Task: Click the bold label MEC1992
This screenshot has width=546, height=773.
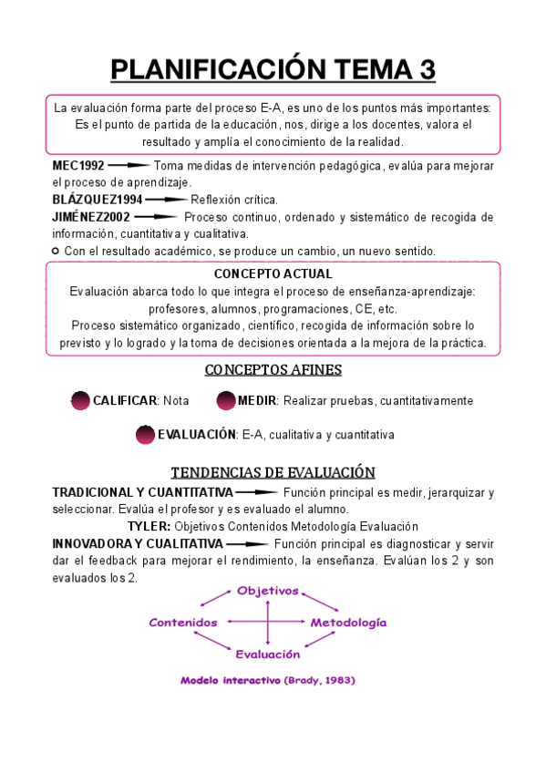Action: coord(78,166)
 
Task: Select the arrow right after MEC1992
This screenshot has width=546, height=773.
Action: coord(129,166)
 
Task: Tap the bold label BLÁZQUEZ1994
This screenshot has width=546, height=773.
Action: coord(98,200)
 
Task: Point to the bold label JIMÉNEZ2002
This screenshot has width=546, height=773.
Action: coord(91,217)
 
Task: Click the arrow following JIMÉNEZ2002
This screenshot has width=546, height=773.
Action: coord(157,217)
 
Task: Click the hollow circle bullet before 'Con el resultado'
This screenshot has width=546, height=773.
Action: coord(57,251)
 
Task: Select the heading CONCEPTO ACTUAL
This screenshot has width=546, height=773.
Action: coord(273,274)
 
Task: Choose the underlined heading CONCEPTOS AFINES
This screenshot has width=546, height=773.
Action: coord(273,370)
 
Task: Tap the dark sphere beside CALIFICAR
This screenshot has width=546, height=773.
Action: coord(80,401)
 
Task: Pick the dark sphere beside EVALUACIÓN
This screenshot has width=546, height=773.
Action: coord(145,435)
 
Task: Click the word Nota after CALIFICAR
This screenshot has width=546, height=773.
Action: coord(177,401)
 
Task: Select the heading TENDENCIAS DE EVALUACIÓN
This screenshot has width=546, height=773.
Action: coord(273,472)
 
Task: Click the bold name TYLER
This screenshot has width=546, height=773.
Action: coord(149,526)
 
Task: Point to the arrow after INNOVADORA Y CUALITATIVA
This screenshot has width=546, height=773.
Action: coord(246,543)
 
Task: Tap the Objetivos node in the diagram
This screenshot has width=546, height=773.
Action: coord(268,591)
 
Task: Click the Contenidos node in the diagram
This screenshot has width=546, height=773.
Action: coord(183,623)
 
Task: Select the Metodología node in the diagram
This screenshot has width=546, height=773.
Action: coord(348,623)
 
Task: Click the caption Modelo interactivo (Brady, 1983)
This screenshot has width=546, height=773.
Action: coord(267,680)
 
